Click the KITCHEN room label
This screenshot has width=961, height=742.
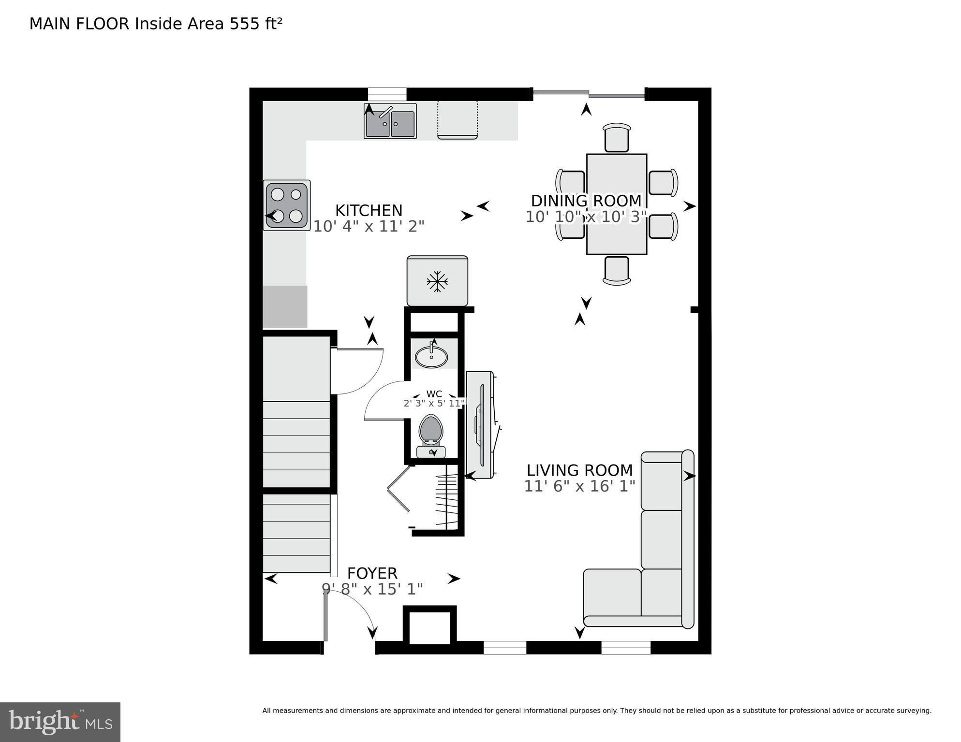click(369, 210)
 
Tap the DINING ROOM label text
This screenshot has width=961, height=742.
click(586, 200)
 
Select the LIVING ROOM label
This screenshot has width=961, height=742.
click(579, 470)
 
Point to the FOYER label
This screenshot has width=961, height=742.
click(372, 573)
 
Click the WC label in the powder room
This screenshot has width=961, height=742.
click(434, 394)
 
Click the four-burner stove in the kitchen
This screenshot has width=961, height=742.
click(287, 205)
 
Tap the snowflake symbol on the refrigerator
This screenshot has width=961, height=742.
click(437, 281)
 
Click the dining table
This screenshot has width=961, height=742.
click(616, 204)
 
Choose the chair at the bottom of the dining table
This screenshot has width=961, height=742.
click(617, 271)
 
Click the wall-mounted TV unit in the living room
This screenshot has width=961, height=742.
click(480, 425)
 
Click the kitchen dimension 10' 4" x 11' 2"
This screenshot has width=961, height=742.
click(369, 226)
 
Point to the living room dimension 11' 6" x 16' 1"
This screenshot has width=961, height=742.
click(579, 486)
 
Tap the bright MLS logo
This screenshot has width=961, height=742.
click(60, 722)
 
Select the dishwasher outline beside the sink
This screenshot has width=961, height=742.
click(457, 120)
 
